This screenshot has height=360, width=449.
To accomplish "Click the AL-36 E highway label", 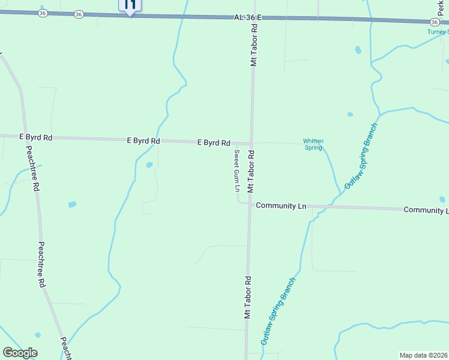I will click(247, 18).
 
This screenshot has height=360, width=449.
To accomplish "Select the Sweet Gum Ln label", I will click(237, 170).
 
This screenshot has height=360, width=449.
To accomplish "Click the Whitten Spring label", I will click(313, 144).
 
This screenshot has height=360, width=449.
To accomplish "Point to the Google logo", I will click(20, 353).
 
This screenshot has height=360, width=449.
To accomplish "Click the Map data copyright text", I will click(424, 355).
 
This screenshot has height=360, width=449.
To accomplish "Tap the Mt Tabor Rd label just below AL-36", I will click(254, 46).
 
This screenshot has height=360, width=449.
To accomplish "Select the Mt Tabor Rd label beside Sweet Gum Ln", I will click(252, 172).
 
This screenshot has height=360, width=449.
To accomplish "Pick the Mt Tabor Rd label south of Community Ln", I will click(247, 297).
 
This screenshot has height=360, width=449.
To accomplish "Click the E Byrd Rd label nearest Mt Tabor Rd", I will click(214, 143).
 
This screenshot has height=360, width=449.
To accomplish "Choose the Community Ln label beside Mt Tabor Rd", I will click(281, 206).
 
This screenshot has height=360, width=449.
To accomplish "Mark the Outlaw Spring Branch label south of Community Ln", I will click(279, 311).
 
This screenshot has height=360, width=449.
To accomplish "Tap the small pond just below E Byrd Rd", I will click(149, 164).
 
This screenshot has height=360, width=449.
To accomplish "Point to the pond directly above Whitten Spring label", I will click(350, 114).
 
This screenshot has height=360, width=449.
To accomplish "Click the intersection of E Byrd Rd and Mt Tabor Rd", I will click(252, 143).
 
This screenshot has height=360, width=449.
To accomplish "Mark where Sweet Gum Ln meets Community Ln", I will click(240, 202).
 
